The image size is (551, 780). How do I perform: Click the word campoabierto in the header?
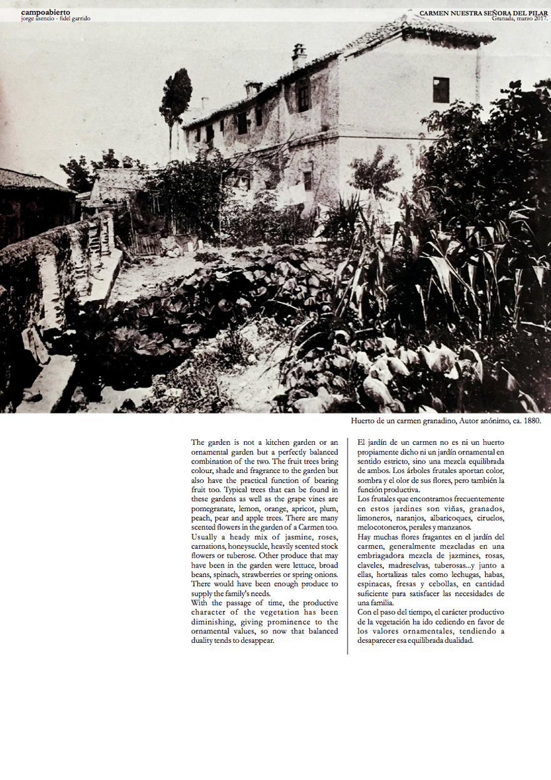click(45, 12)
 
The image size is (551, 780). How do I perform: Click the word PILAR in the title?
click(537, 13)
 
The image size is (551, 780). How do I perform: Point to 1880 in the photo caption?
click(530, 421)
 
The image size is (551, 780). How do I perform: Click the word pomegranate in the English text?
click(212, 509)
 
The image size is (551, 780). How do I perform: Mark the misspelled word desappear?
click(257, 640)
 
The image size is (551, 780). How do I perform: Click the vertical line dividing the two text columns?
click(348, 545)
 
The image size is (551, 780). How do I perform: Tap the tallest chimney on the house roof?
click(299, 55)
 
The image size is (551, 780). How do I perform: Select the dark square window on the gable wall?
click(441, 90)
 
